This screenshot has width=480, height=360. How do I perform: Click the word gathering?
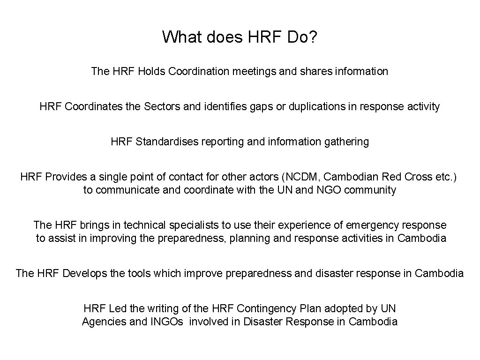pyautogui.click(x=346, y=141)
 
